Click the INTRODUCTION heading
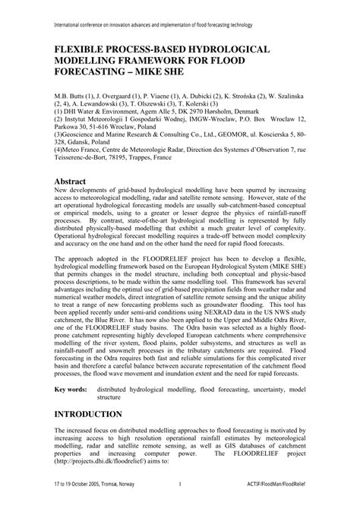(x=88, y=413)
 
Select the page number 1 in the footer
(x=179, y=502)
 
